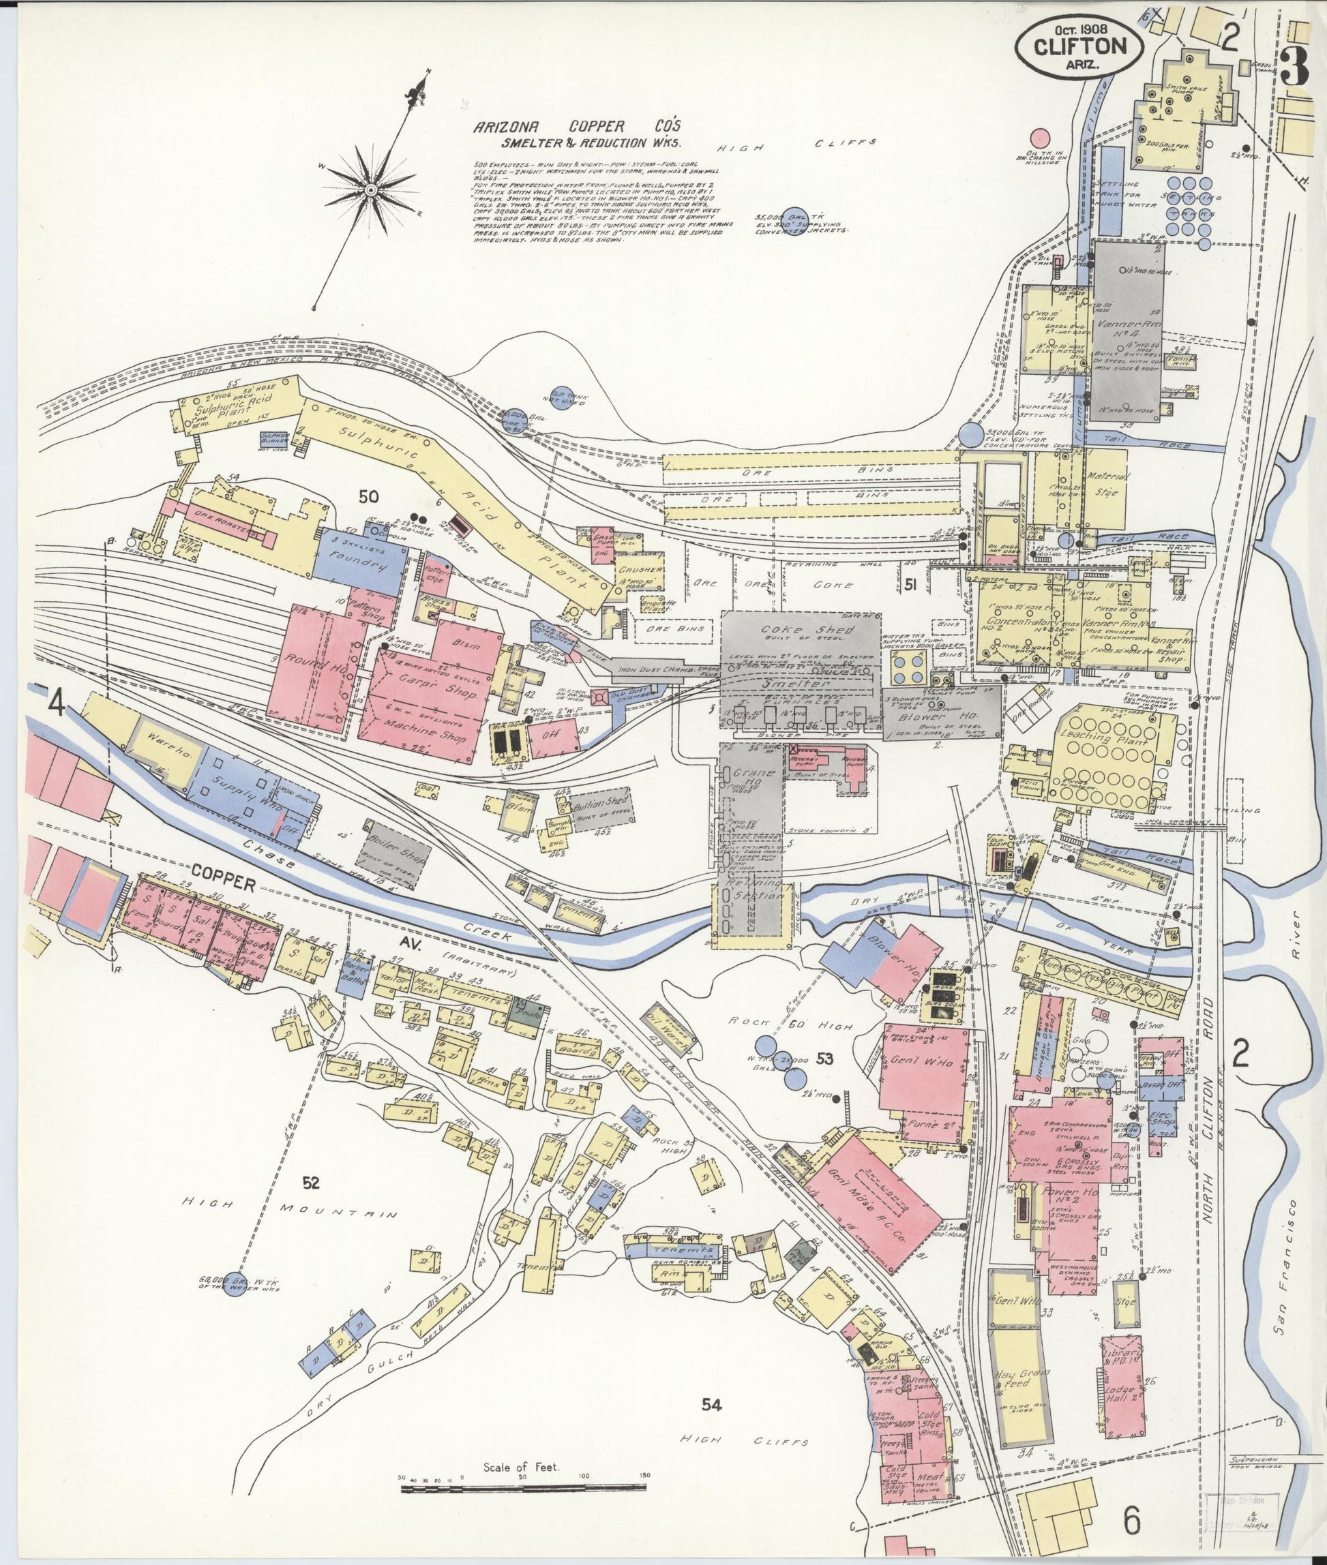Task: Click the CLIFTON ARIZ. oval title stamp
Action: coord(1079,46)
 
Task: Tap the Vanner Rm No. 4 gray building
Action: coord(1129,331)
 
